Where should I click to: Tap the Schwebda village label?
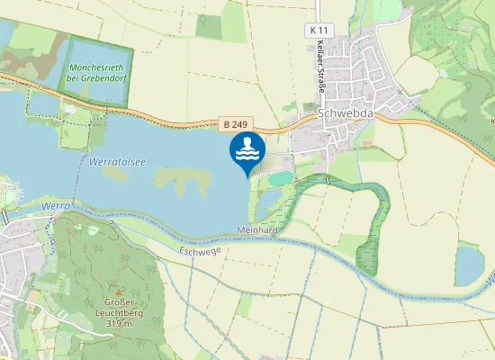tap(343, 114)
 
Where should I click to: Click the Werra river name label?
tap(55, 207)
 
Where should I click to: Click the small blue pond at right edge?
tap(469, 265)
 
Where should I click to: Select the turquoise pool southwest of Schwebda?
tap(280, 179)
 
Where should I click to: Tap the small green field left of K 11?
tap(210, 26)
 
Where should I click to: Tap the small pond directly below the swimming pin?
tap(269, 202)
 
